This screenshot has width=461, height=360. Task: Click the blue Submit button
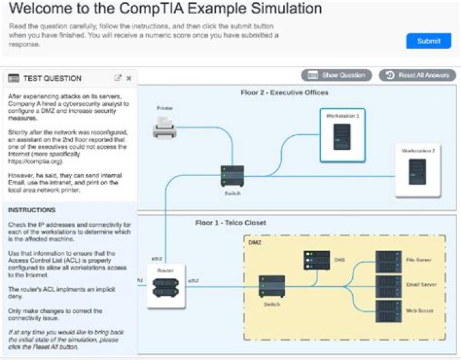[428, 41]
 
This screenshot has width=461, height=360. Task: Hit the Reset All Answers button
[417, 75]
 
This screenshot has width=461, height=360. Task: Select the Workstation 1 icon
[343, 135]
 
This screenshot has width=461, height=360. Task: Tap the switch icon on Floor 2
[232, 175]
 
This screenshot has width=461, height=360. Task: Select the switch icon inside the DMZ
[271, 286]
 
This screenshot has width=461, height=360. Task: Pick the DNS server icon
[317, 260]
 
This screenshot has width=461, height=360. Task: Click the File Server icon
[389, 261]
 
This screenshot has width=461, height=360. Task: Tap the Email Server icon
[389, 286]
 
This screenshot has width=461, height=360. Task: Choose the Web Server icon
[389, 311]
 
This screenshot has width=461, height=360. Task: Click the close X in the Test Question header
[129, 78]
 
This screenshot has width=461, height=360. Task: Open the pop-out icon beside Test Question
[117, 78]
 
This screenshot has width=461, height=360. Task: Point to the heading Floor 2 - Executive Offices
[284, 93]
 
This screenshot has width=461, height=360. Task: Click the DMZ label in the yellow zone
[255, 243]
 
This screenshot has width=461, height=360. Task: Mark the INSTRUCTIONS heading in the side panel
[31, 210]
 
